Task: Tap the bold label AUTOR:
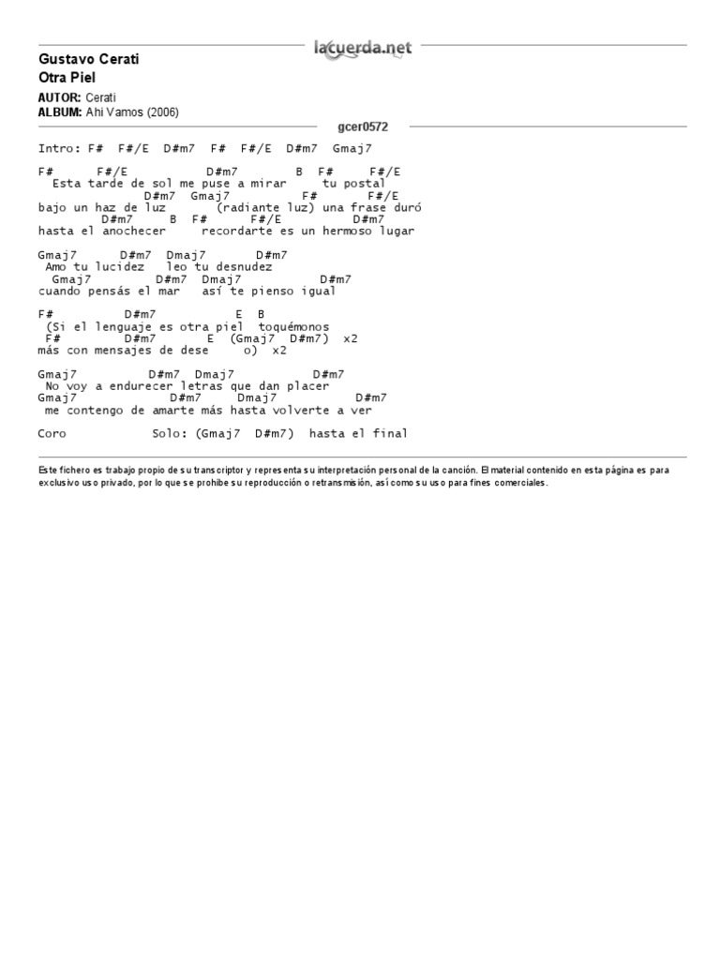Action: tap(60, 97)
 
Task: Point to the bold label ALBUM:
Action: tap(60, 112)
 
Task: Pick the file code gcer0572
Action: tap(362, 127)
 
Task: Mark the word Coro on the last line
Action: tap(52, 434)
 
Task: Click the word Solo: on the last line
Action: tap(170, 434)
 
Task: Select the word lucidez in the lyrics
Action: tap(119, 267)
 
